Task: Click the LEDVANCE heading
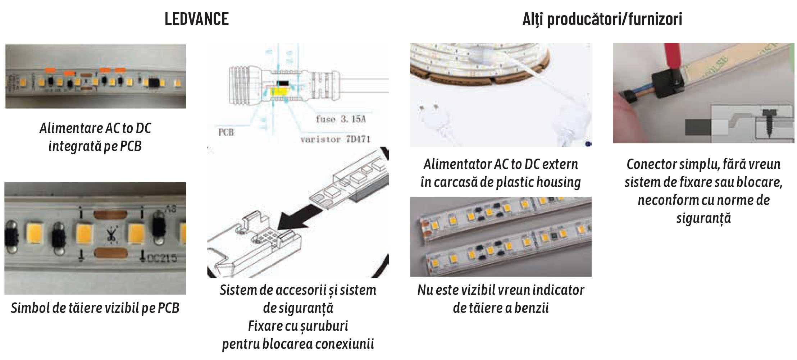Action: click(x=196, y=19)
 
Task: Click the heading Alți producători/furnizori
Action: click(x=602, y=19)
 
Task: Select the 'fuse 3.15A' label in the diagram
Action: click(x=340, y=119)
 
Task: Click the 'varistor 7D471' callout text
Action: click(x=335, y=139)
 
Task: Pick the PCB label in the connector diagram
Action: click(x=226, y=132)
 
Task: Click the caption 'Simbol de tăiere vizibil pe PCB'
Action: click(x=95, y=308)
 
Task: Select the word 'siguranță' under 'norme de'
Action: click(x=703, y=218)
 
